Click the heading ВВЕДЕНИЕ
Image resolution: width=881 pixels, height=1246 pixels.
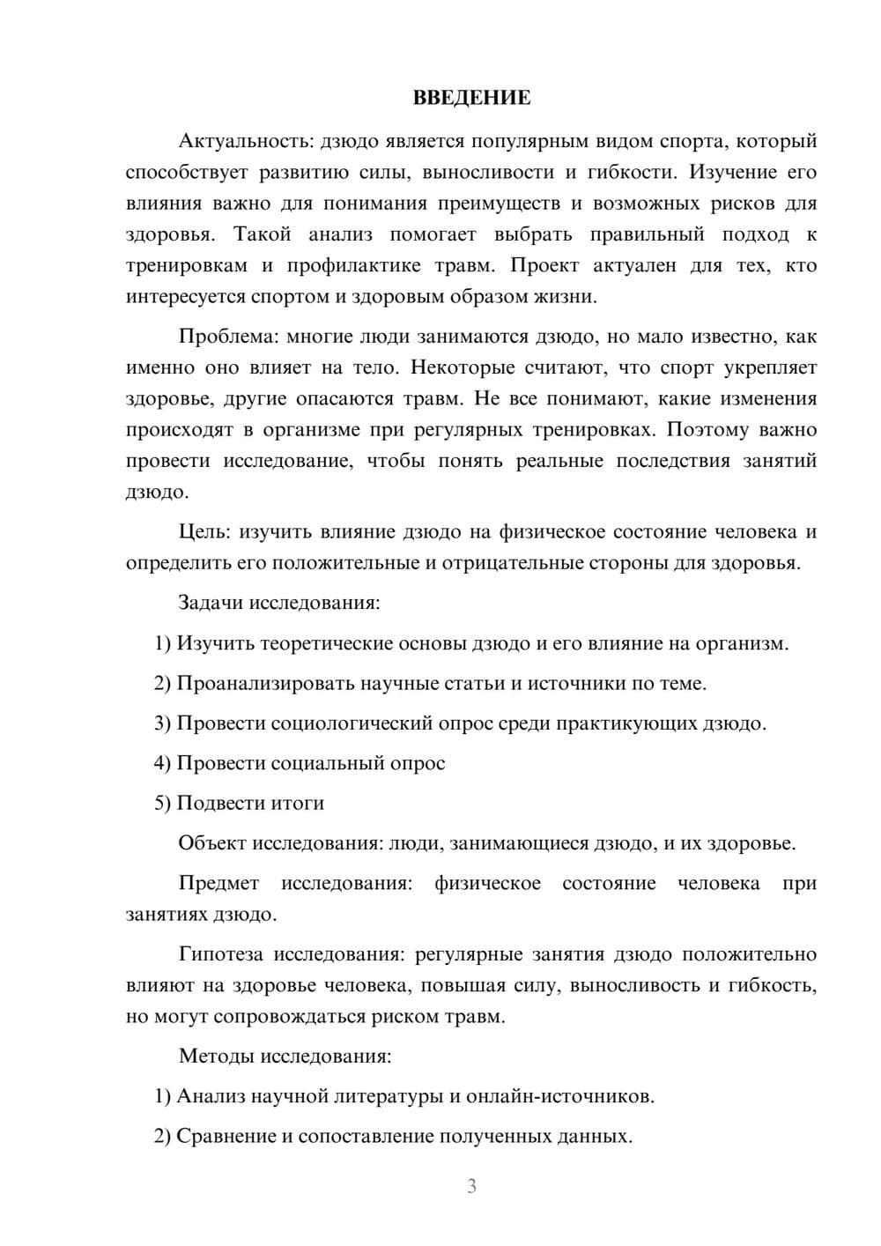471,98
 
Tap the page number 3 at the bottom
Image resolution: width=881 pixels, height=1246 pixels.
471,1186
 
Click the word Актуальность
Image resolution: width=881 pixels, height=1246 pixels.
245,141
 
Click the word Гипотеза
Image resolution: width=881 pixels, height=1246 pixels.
222,954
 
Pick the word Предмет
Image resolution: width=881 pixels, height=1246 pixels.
218,883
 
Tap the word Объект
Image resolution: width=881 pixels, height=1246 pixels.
212,843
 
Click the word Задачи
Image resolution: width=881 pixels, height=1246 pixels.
211,603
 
